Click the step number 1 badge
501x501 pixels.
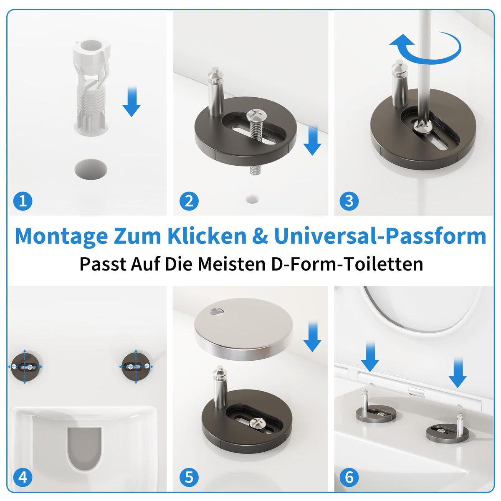coord(23,201)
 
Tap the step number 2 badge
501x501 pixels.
coord(189,201)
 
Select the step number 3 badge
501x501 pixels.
coord(349,201)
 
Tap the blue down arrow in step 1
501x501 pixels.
coord(132,101)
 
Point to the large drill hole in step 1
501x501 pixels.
coord(91,169)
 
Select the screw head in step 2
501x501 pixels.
coord(255,114)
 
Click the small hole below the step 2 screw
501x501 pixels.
coord(252,199)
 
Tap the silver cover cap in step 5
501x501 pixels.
coord(243,329)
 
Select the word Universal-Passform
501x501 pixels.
coord(380,236)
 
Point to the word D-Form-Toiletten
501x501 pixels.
coord(347,264)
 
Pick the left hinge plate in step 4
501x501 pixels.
coord(26,367)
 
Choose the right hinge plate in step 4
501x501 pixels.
coord(136,367)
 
